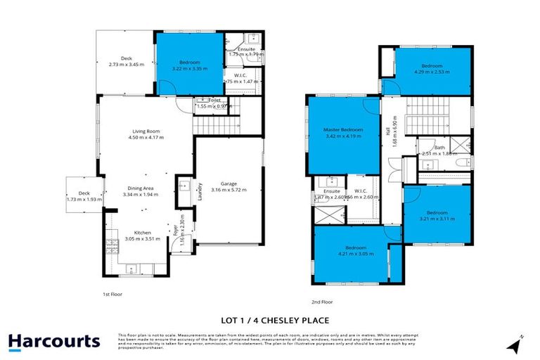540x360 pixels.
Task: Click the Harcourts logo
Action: click(x=54, y=342)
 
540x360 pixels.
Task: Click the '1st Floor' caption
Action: click(x=112, y=294)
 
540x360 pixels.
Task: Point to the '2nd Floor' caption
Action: click(x=322, y=302)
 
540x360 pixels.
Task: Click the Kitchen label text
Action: click(x=143, y=232)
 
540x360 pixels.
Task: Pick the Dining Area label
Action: click(x=139, y=188)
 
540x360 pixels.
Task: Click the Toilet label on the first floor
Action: click(x=215, y=101)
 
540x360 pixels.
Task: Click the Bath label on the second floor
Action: click(x=439, y=148)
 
